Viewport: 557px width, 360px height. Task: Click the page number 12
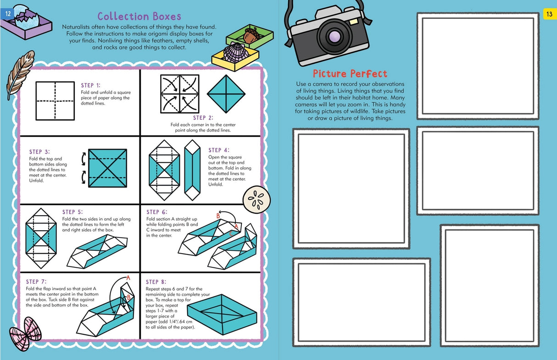pos(7,14)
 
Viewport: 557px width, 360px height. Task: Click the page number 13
pos(549,14)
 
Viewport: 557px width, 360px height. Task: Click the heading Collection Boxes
pos(139,17)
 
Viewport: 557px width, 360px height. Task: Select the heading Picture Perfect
pos(350,74)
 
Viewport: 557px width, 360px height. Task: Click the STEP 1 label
pos(90,85)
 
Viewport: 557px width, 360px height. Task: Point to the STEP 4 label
pos(218,150)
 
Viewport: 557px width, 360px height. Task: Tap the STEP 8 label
pos(156,282)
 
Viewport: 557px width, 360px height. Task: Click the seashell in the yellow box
pos(235,51)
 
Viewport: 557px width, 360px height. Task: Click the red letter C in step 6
pos(231,233)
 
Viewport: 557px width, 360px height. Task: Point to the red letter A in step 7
pos(128,277)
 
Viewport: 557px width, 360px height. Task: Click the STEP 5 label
pos(72,212)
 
